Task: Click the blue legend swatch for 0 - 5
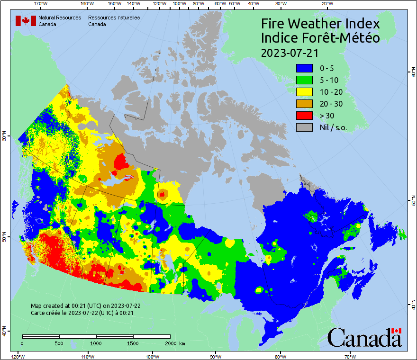coord(304,68)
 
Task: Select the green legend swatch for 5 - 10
coord(304,80)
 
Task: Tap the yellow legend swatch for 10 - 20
coord(304,92)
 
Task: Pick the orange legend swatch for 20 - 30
coord(304,104)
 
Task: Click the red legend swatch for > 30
coord(304,116)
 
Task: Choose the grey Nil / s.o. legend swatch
coord(304,127)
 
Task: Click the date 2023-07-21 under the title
coord(290,52)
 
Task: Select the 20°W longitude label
coord(326,4)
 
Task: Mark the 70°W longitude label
coord(350,356)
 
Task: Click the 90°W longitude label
coord(216,356)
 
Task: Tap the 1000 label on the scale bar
coord(96,343)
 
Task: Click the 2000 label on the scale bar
coord(170,343)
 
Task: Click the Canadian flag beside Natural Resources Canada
coord(26,21)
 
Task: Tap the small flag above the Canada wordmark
coord(396,330)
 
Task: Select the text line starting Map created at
coord(85,306)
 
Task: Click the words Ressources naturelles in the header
coord(114,18)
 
